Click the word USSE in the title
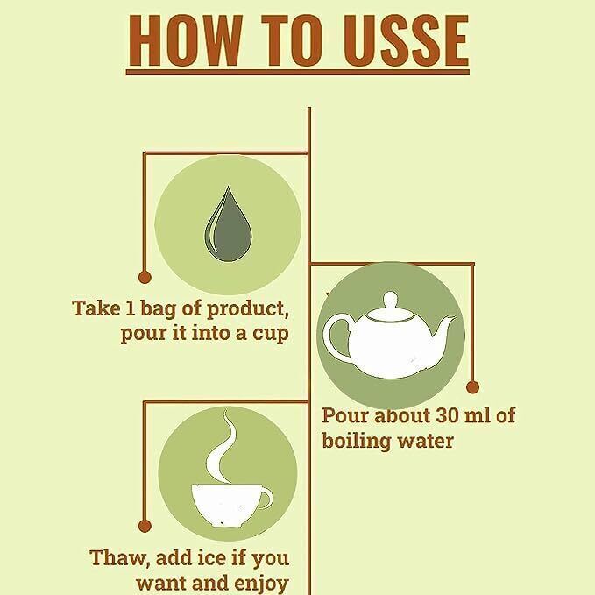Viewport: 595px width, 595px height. [x=407, y=40]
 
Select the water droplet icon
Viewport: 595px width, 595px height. [x=228, y=223]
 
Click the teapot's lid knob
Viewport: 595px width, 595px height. [x=390, y=300]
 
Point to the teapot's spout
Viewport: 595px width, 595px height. [x=443, y=329]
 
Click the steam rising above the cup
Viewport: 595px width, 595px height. [x=221, y=447]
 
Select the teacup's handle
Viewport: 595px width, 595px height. [x=266, y=499]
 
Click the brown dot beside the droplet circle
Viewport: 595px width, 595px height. [x=145, y=277]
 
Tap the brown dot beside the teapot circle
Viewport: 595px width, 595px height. [x=472, y=387]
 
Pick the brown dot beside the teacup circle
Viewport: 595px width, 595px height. [x=145, y=526]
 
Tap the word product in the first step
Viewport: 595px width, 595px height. [x=247, y=309]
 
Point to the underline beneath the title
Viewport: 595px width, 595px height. [x=298, y=72]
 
